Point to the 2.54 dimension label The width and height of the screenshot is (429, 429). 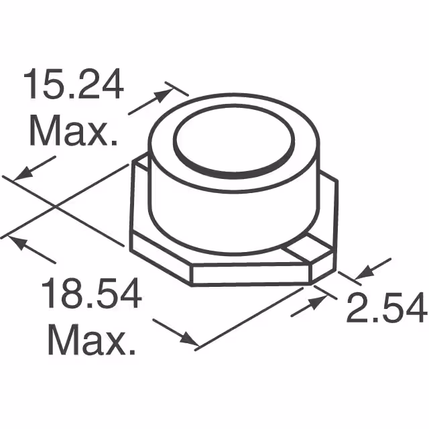386,309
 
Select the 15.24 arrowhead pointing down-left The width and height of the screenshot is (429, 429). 23,174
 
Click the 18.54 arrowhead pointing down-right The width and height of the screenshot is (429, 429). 187,339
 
